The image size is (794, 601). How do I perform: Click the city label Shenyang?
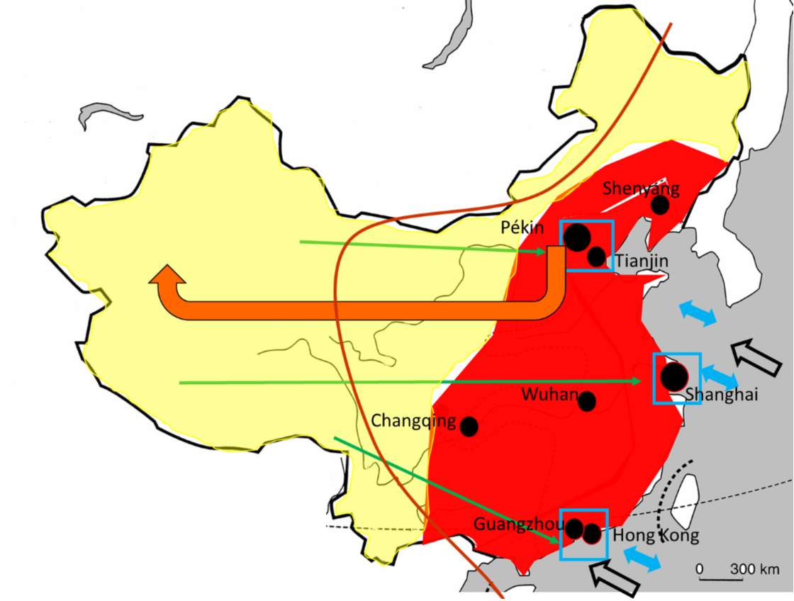click(x=641, y=189)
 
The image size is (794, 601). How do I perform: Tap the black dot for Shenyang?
click(x=660, y=205)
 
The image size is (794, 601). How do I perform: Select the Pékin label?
click(x=522, y=228)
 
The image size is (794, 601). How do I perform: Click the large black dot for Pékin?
click(x=578, y=237)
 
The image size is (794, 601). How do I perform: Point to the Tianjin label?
click(x=642, y=262)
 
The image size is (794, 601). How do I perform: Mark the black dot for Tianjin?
click(x=597, y=257)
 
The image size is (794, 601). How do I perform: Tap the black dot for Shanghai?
click(x=674, y=376)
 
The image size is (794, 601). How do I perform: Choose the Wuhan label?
click(x=550, y=394)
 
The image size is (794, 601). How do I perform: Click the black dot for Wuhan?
click(x=587, y=402)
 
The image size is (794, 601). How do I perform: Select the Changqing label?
click(x=414, y=421)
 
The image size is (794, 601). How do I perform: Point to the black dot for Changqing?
click(x=469, y=427)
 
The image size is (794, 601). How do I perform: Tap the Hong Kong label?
click(x=656, y=536)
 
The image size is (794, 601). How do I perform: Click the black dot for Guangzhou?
click(x=574, y=529)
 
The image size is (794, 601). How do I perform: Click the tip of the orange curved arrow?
click(x=167, y=270)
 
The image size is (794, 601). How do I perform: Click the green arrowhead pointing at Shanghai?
click(x=637, y=381)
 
